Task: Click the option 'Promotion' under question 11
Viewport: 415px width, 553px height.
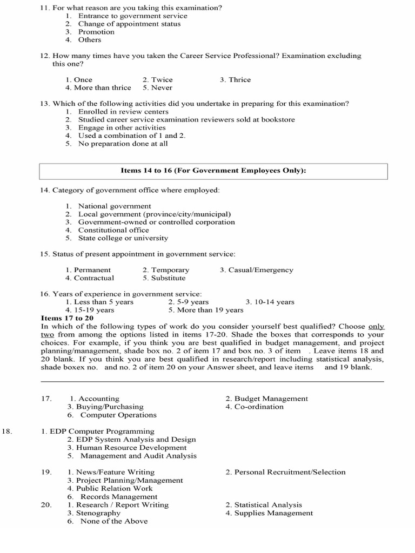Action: [96, 32]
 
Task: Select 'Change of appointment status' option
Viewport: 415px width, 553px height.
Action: [129, 24]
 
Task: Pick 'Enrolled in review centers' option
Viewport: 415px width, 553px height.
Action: [123, 112]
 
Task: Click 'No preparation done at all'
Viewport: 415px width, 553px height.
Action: [123, 144]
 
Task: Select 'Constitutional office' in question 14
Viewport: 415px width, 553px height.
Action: [114, 230]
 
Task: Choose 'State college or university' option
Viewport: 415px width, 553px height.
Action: [123, 238]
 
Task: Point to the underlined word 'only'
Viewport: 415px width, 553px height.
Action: [376, 326]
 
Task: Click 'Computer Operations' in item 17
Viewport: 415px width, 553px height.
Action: [118, 415]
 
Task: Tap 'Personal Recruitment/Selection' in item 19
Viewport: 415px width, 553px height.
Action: [285, 472]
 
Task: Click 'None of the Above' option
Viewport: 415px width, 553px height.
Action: [113, 521]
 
